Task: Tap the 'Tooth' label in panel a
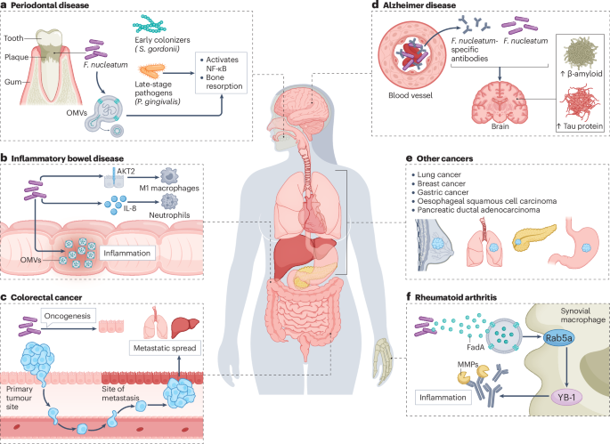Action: point(14,38)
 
